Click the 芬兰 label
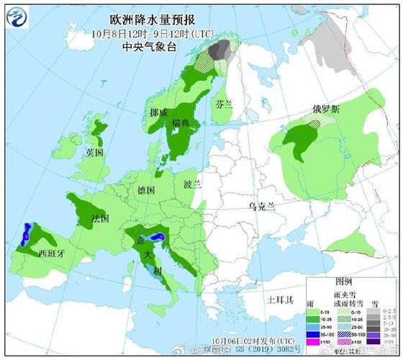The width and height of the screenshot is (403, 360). [x=225, y=104]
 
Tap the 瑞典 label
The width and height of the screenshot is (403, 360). [x=181, y=123]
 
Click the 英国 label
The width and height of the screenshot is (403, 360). [x=95, y=153]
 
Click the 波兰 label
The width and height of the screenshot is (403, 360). [x=192, y=184]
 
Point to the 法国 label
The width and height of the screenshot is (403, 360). [x=101, y=217]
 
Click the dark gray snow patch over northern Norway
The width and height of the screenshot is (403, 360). [x=222, y=50]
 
